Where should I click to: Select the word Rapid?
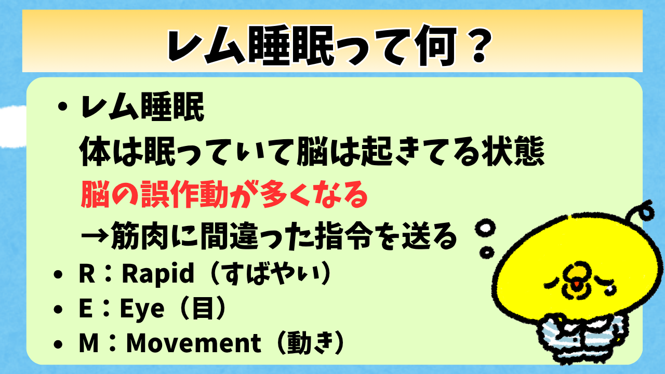[x=158, y=274]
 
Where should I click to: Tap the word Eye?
[x=142, y=309]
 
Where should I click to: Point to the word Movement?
[x=194, y=343]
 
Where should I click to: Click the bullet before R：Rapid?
[x=58, y=274]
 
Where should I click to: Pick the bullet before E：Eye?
[x=58, y=309]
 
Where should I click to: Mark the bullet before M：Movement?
[x=58, y=344]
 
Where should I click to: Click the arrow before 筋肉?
[x=95, y=236]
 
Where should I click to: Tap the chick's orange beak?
[x=576, y=284]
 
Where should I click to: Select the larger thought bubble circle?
[x=485, y=228]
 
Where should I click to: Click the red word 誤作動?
[x=184, y=194]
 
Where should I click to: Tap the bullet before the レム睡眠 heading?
[x=63, y=106]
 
